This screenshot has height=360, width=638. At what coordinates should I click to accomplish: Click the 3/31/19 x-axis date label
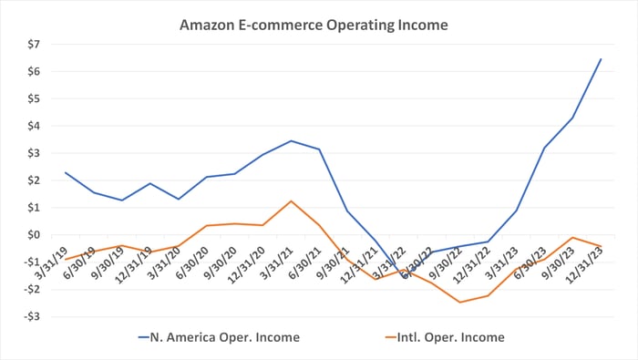[52, 261]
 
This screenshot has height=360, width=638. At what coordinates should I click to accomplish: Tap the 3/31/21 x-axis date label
[278, 261]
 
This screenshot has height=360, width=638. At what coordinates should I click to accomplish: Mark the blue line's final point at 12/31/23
[601, 59]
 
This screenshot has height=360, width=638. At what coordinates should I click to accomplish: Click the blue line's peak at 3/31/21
[291, 140]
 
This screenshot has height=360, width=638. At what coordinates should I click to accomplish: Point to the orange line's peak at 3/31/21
[291, 201]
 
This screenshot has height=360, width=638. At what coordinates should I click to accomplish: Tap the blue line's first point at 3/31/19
[65, 172]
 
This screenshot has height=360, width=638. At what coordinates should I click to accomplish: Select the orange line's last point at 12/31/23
[601, 246]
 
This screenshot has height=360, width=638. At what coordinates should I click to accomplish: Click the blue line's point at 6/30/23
[544, 148]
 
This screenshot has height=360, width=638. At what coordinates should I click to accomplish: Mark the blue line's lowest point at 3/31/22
[404, 272]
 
